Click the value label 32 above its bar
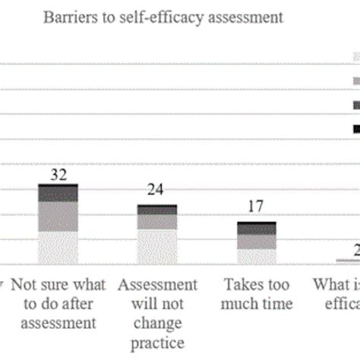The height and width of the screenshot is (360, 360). (58, 174)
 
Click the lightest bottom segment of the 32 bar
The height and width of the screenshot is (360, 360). (58, 248)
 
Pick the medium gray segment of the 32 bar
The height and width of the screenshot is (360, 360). (58, 216)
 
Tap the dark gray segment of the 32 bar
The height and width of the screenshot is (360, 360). (58, 194)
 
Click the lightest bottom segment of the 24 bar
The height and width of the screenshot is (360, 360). (157, 246)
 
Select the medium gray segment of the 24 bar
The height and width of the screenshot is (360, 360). (157, 222)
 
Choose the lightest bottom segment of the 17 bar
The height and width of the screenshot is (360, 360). (256, 256)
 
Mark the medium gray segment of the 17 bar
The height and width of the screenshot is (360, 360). (256, 242)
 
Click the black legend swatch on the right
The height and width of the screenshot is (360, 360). (355, 130)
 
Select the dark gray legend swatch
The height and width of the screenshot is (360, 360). (355, 105)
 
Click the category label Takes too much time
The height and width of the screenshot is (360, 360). (256, 294)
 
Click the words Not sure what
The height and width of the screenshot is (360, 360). (58, 285)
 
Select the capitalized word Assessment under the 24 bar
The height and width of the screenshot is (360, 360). (157, 285)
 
